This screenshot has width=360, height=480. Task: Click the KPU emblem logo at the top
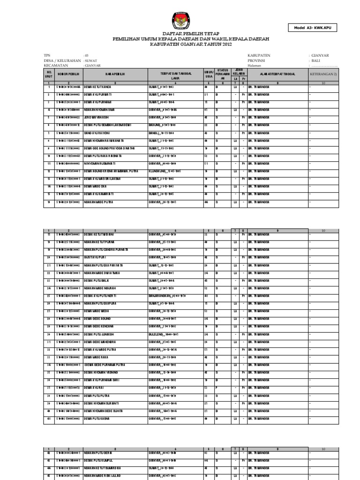pos(180,20)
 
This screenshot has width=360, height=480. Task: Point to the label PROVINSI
pos(257,60)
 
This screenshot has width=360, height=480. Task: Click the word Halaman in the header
pos(254,66)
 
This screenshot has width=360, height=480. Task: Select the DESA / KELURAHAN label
pos(61,60)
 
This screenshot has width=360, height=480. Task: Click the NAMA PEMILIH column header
pos(114,74)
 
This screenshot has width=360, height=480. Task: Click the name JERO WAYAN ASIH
pos(97,117)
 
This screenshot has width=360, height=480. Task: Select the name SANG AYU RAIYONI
pos(97,133)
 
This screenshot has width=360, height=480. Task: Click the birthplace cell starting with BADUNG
pos(162,125)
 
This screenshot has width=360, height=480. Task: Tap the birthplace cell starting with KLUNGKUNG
pos(164,171)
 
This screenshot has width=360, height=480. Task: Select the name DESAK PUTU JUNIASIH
pos(100,335)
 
